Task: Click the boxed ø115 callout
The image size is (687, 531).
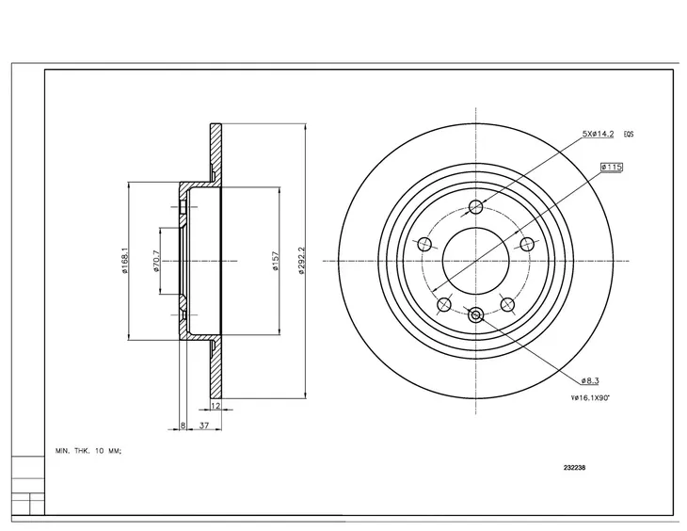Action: click(612, 167)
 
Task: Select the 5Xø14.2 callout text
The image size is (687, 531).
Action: click(597, 135)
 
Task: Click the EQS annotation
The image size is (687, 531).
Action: click(629, 135)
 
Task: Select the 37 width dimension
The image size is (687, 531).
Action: click(203, 426)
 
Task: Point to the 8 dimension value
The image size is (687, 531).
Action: click(182, 426)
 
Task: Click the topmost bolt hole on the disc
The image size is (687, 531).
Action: click(475, 207)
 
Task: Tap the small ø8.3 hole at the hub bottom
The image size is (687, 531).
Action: click(475, 315)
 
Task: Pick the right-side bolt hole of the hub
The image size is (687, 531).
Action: click(527, 245)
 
